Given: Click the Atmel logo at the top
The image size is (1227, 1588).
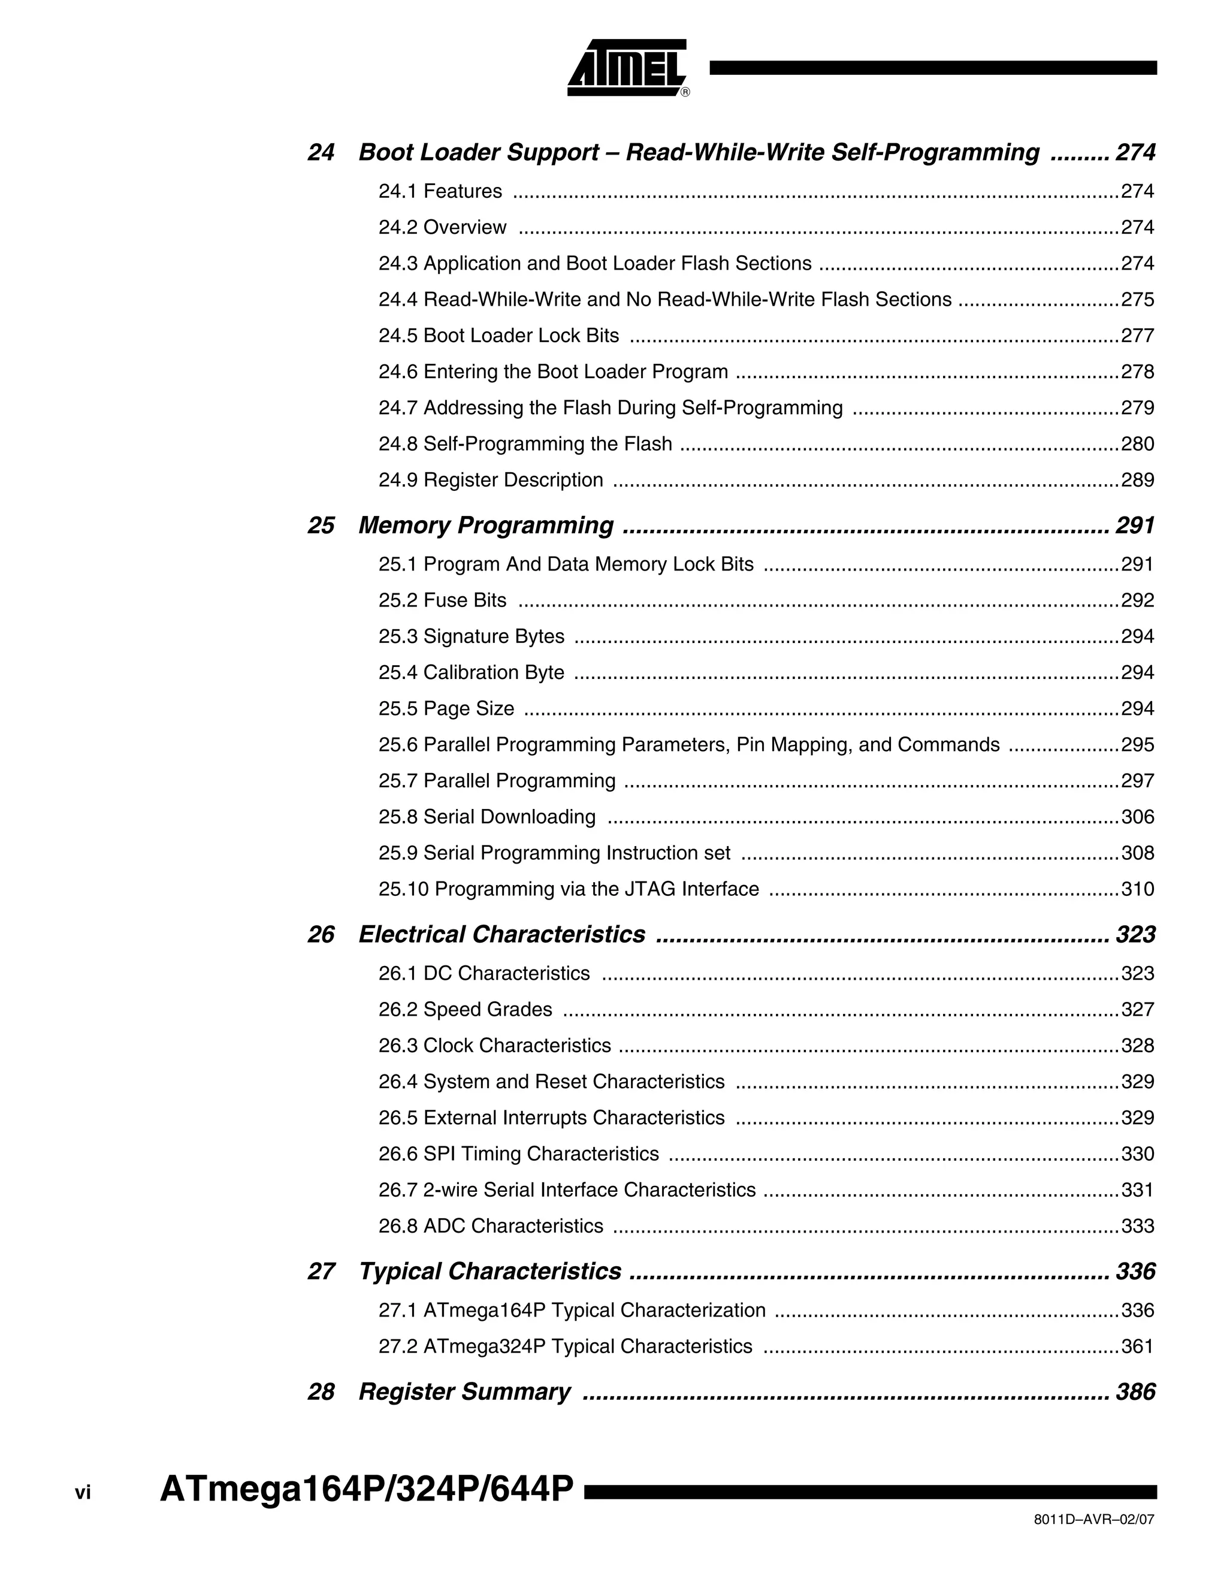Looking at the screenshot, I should (x=628, y=68).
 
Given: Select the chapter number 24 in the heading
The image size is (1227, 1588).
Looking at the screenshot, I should (x=321, y=152).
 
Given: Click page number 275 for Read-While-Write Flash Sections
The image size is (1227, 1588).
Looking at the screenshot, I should (x=1137, y=300).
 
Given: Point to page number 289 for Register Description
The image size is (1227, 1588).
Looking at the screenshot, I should (x=1137, y=480).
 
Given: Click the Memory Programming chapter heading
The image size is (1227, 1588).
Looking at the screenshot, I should (x=485, y=525).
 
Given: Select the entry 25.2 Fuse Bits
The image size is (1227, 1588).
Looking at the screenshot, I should (x=442, y=600).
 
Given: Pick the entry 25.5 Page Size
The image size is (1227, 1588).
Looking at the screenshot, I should (x=446, y=708).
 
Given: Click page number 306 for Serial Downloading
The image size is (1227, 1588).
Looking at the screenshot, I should (x=1137, y=817).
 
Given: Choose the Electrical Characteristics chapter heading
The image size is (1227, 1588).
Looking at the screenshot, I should (x=501, y=934).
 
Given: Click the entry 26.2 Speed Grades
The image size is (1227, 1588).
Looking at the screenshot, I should (x=465, y=1009).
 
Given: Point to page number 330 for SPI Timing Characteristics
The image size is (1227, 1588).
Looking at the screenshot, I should (x=1137, y=1154).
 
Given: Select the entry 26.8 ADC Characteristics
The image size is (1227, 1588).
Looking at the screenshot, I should (x=491, y=1226).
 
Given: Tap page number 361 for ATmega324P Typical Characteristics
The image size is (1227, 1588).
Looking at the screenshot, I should (x=1137, y=1346).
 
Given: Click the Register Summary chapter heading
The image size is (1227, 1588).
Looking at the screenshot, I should (x=464, y=1391).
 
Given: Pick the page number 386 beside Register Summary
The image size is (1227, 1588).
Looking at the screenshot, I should (x=1135, y=1391).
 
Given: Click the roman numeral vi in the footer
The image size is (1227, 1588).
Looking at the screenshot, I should (x=83, y=1493).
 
